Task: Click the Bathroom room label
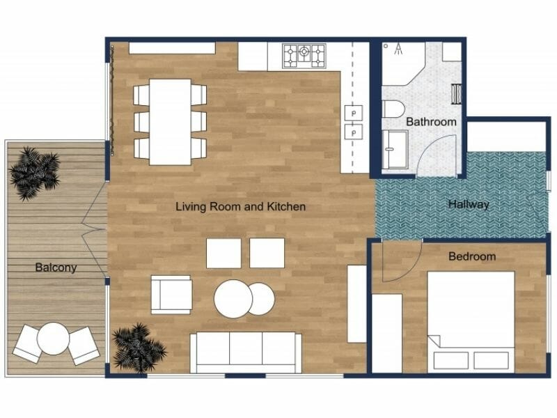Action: [x=431, y=121]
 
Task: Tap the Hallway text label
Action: [x=468, y=204]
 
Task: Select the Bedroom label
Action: [x=471, y=256]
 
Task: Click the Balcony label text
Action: [x=56, y=267]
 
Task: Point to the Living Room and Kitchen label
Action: [x=240, y=206]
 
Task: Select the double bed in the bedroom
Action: [x=471, y=320]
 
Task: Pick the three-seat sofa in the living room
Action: [x=246, y=352]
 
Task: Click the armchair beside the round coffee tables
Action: [x=171, y=294]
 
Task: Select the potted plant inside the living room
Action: [x=139, y=346]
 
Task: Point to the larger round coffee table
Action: [x=233, y=299]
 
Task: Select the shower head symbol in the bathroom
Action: [x=398, y=49]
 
